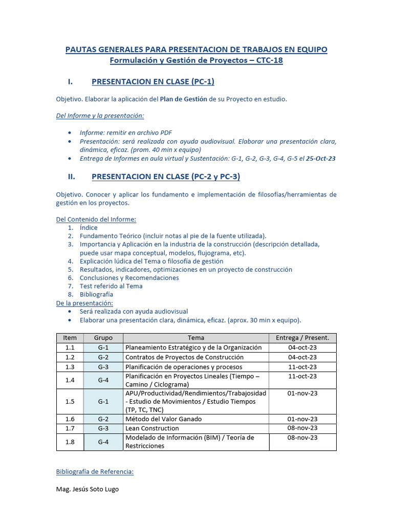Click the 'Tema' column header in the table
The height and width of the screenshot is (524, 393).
click(x=195, y=338)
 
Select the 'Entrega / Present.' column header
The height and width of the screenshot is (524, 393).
click(x=302, y=338)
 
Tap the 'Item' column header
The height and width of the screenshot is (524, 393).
click(x=70, y=338)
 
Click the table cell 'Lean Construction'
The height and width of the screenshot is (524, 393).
click(x=152, y=428)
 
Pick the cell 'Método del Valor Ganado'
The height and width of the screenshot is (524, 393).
click(x=163, y=419)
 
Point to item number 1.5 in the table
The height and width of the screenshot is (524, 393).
click(x=70, y=401)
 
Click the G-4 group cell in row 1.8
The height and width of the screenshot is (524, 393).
click(x=103, y=442)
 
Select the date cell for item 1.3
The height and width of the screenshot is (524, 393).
click(x=302, y=367)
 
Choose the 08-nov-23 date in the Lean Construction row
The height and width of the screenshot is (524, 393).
click(x=302, y=428)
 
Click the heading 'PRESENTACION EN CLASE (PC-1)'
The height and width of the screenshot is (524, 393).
click(x=152, y=82)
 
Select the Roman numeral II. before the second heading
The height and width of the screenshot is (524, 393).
click(x=72, y=177)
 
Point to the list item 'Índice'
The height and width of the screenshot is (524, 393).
click(x=89, y=228)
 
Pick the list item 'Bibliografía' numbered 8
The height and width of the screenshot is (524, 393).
click(x=96, y=294)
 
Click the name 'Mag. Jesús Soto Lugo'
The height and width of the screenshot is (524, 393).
click(x=87, y=489)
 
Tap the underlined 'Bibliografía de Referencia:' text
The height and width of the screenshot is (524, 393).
click(x=95, y=472)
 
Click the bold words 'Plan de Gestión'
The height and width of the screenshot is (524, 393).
click(x=184, y=99)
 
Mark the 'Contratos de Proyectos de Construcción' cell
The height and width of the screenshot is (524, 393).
click(x=184, y=357)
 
